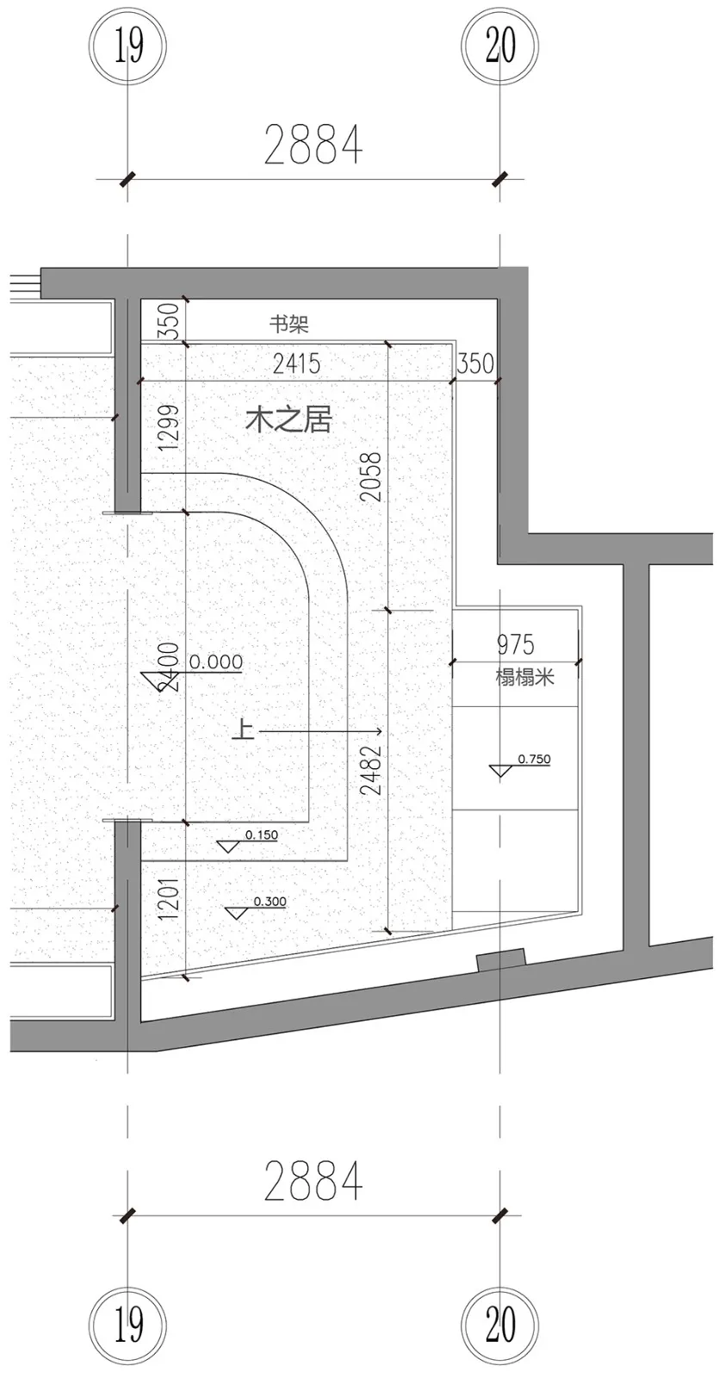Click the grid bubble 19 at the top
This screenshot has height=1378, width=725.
(128, 47)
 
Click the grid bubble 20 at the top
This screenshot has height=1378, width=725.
(499, 47)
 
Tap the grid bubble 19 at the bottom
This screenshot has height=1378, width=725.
(128, 1324)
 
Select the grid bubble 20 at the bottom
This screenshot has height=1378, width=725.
(499, 1324)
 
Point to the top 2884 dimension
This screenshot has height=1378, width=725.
(313, 145)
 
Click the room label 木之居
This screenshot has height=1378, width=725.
(288, 420)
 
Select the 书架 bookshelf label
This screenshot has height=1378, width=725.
(288, 325)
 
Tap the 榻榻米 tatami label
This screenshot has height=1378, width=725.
(524, 676)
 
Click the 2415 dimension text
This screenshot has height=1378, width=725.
(296, 363)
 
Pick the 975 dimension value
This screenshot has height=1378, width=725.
(515, 644)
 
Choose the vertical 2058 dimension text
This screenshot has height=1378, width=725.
(370, 477)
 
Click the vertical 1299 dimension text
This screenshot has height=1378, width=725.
(170, 427)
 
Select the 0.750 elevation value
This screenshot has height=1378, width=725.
(534, 760)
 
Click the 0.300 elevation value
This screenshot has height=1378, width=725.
(270, 902)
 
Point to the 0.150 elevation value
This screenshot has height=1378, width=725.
(262, 835)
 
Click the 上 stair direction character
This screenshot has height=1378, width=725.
(244, 731)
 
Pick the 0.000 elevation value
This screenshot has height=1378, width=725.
(215, 661)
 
